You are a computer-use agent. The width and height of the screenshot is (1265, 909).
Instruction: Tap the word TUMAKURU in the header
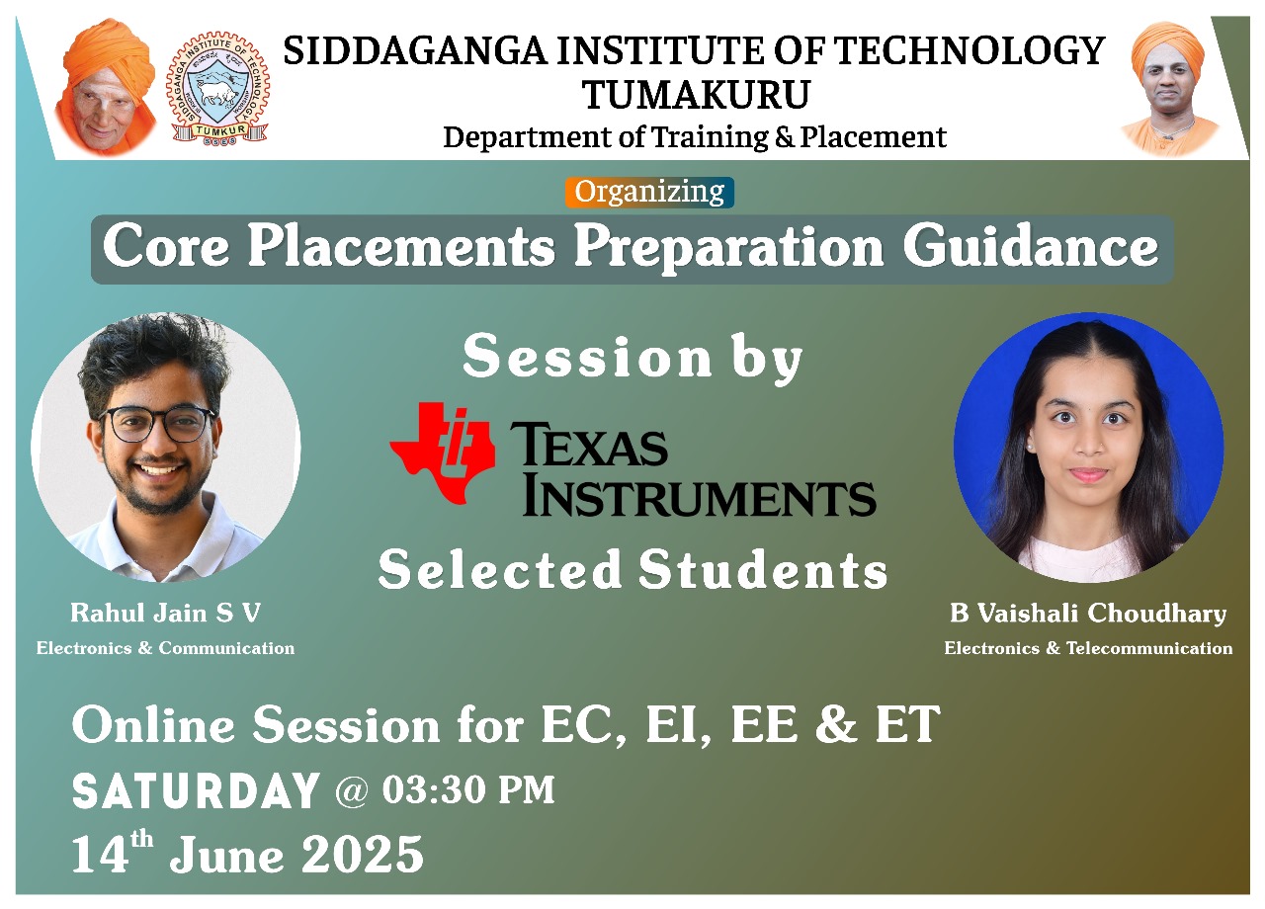pyautogui.click(x=697, y=94)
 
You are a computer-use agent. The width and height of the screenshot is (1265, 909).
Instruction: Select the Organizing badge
pyautogui.click(x=649, y=192)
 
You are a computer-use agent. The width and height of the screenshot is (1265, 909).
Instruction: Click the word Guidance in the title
pyautogui.click(x=1031, y=248)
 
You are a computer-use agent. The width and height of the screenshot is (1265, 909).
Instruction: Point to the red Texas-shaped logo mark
pyautogui.click(x=442, y=453)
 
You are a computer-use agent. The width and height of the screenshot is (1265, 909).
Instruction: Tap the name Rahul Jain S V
pyautogui.click(x=165, y=614)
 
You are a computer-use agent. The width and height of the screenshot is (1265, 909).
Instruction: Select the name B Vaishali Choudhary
pyautogui.click(x=1088, y=614)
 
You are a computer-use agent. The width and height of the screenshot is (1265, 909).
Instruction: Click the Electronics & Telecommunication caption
pyautogui.click(x=1088, y=647)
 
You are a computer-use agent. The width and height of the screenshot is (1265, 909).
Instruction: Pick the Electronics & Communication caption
pyautogui.click(x=165, y=647)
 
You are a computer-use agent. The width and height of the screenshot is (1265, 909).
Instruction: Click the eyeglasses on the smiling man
pyautogui.click(x=156, y=424)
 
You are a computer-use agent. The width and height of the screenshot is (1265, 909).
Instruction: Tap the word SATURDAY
pyautogui.click(x=196, y=790)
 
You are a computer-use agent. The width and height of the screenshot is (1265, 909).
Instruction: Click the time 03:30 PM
pyautogui.click(x=468, y=789)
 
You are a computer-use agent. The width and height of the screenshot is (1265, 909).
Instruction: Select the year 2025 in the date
pyautogui.click(x=362, y=854)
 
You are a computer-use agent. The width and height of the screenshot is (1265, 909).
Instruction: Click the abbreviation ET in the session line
pyautogui.click(x=907, y=724)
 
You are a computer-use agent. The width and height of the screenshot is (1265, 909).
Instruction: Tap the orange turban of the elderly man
pyautogui.click(x=109, y=52)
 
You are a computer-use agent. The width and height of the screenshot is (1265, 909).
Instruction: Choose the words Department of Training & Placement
pyautogui.click(x=695, y=137)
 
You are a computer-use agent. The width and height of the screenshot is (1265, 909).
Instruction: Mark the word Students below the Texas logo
pyautogui.click(x=763, y=570)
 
